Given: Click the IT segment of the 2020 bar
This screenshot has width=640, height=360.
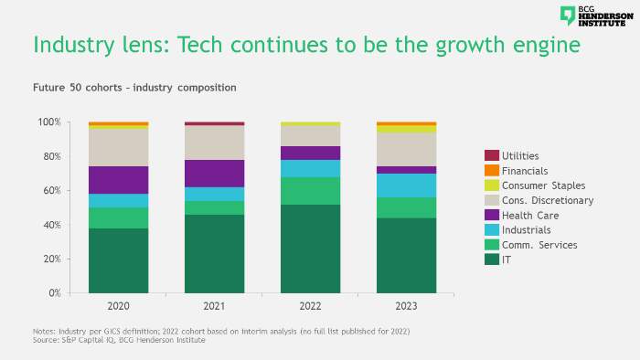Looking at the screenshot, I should coord(118,260).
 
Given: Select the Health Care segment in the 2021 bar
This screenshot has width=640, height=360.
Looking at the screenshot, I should coord(214,174).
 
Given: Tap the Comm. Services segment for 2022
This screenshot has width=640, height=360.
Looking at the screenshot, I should coord(310,191).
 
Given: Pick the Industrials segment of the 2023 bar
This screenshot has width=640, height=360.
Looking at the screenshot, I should coord(406,185).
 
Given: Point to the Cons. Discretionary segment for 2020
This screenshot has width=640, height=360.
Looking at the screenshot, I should coord(118,147).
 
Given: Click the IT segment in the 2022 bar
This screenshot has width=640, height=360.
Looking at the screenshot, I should coord(310,249).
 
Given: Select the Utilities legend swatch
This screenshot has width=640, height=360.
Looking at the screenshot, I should coord(491,156).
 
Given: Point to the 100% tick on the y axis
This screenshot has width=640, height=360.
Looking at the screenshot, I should coord(49,122).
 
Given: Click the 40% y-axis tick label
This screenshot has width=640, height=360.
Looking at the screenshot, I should coord(51,225).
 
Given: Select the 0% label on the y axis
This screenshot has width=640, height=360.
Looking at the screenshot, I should coord(54,293).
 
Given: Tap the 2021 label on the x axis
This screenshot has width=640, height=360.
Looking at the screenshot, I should coord(214,306).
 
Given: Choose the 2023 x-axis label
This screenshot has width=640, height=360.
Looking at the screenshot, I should coord(406,306).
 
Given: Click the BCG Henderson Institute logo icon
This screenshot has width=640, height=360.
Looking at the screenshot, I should coord(568,16).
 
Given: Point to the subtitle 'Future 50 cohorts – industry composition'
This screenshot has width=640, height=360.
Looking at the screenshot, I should coord(134,88).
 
